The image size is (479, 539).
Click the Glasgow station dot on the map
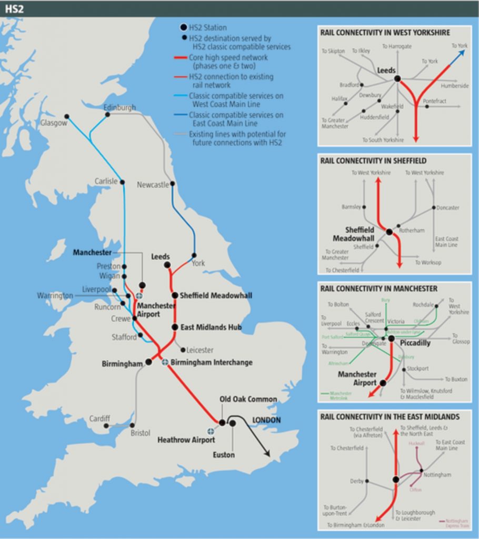click(x=67, y=116)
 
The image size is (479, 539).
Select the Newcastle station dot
click(x=173, y=184)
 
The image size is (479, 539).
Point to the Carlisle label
click(x=106, y=181)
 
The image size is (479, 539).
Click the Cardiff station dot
click(x=106, y=426)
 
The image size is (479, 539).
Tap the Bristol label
click(x=141, y=433)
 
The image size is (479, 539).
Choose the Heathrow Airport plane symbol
click(x=211, y=431)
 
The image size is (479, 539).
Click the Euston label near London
click(x=224, y=455)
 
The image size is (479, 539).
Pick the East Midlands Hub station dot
click(x=175, y=327)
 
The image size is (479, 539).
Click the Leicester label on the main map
click(x=200, y=350)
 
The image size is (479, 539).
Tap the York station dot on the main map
click(x=194, y=256)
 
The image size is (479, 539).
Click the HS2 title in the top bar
click(x=14, y=9)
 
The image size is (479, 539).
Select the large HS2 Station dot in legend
click(x=183, y=27)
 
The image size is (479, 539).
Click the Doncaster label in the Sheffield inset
click(x=448, y=208)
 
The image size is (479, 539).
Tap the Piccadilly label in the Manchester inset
click(x=415, y=343)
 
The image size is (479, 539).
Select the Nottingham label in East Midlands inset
click(x=438, y=475)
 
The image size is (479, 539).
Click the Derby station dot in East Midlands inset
click(x=367, y=481)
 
